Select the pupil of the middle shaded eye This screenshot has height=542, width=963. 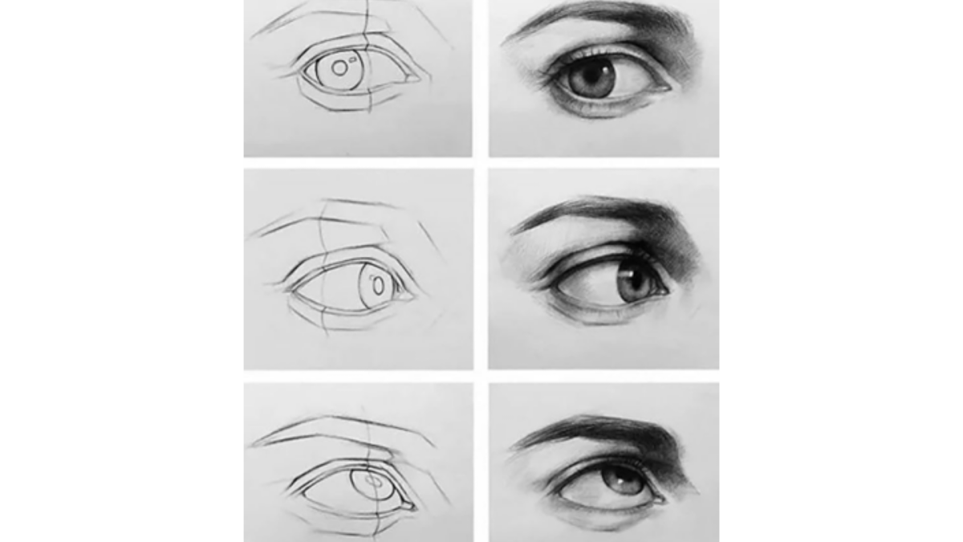[633, 281]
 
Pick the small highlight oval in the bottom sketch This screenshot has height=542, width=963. [373, 479]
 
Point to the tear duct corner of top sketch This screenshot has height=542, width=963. [412, 79]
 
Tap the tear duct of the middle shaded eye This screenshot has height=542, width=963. [662, 291]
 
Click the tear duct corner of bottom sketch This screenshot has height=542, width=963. [409, 506]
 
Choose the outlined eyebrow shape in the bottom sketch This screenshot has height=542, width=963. [345, 431]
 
